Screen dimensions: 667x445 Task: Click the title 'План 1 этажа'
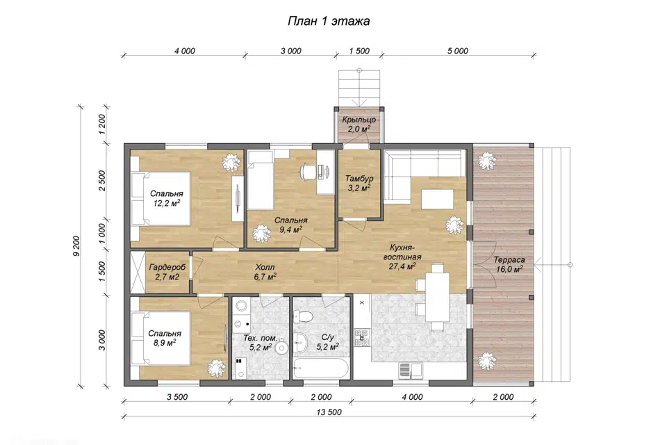click(329, 21)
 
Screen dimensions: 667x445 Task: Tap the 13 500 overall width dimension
click(329, 412)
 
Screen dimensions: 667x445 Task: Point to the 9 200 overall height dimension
click(76, 245)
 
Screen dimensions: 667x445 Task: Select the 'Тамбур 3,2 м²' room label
click(359, 183)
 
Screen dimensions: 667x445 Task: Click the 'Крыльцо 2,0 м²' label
click(359, 124)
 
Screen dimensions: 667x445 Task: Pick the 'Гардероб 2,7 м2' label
click(167, 272)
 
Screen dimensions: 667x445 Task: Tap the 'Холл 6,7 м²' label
click(265, 272)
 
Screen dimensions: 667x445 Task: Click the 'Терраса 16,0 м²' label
click(509, 264)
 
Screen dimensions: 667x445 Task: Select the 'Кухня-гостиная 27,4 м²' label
click(402, 257)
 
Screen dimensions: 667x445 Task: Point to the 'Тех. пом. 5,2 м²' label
click(260, 343)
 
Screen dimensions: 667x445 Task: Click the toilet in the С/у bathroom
click(304, 316)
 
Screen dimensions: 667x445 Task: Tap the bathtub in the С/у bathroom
click(321, 369)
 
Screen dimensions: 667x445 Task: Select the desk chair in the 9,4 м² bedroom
click(308, 171)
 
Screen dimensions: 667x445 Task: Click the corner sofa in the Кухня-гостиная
click(423, 175)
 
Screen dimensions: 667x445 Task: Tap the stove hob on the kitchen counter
click(362, 337)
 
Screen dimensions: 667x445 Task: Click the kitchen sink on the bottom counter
click(411, 370)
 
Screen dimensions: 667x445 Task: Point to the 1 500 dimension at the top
click(359, 51)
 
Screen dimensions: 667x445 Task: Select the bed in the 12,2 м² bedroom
click(160, 198)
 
